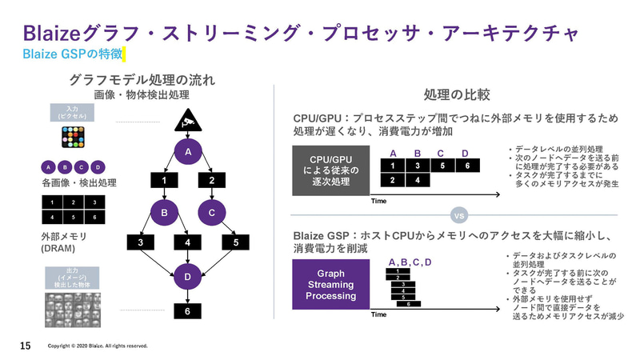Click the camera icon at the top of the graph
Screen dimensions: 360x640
click(188, 122)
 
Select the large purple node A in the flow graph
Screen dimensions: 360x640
click(188, 152)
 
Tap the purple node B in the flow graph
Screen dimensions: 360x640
click(163, 213)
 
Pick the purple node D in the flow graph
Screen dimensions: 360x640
click(188, 278)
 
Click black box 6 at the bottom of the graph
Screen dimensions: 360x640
click(188, 311)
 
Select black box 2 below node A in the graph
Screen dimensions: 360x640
click(212, 182)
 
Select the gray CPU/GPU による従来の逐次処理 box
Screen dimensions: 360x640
click(330, 170)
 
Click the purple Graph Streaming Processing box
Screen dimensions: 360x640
click(330, 285)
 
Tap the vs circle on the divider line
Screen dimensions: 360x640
click(459, 216)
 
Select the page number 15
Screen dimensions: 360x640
click(25, 346)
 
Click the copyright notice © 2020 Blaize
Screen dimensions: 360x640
click(98, 346)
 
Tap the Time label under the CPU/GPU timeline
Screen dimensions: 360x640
click(379, 201)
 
